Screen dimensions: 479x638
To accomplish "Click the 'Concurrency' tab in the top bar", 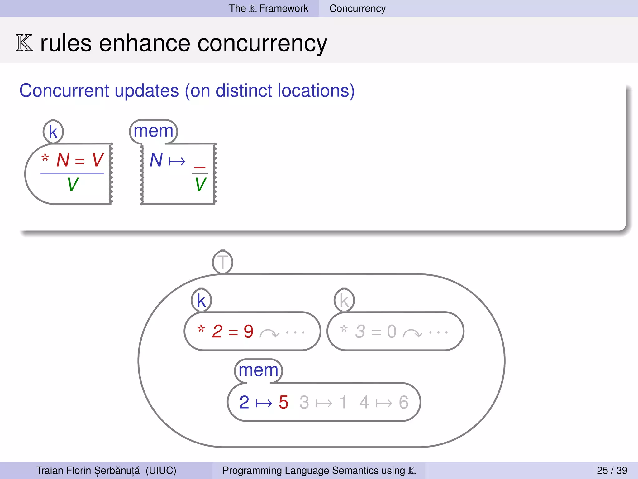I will pos(357,8).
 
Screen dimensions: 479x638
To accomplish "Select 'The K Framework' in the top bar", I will pos(269,8).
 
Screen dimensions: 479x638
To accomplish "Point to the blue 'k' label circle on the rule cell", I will pos(53,132).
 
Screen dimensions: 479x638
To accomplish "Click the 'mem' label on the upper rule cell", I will pos(153,131).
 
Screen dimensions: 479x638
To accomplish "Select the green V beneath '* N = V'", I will pos(73,184).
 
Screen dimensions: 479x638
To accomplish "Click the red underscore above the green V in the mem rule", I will pos(200,167).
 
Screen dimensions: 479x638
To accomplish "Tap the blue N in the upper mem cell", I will pos(156,160).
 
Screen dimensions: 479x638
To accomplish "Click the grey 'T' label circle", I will pos(222,262).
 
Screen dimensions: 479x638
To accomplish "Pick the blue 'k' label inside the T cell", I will pos(201,301).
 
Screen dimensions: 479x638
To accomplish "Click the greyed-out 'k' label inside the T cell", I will pos(344,301).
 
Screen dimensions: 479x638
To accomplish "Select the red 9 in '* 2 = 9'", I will pos(248,331).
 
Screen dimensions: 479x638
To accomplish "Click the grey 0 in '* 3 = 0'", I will pos(392,331).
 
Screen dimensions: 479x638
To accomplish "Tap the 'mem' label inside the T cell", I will pos(258,370).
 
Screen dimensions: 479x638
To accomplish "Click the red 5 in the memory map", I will pos(283,402).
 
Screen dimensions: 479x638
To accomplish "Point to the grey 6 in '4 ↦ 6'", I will pos(403,402).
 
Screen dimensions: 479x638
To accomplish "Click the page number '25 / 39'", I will pos(612,470).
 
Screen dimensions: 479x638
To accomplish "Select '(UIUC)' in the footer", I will pos(161,470).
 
